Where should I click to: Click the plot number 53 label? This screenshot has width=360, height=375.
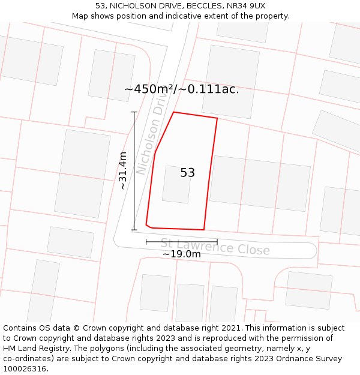(187, 173)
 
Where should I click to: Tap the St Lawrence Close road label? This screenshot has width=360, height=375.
(215, 247)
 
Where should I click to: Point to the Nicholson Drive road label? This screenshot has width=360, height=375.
(151, 137)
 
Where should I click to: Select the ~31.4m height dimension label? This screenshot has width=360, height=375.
(123, 171)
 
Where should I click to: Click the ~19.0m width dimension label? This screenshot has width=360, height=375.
(181, 254)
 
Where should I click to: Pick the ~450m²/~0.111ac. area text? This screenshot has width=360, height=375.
(181, 89)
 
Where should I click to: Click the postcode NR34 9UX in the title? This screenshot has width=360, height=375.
(247, 6)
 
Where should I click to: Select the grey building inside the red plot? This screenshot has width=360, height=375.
(176, 184)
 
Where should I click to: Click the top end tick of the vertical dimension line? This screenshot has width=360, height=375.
(134, 112)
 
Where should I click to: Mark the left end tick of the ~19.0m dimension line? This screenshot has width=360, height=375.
(146, 242)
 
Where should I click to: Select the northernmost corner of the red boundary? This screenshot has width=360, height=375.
(174, 112)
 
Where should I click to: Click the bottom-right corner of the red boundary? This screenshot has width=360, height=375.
(204, 230)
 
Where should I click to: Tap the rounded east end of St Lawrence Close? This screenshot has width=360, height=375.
(313, 251)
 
